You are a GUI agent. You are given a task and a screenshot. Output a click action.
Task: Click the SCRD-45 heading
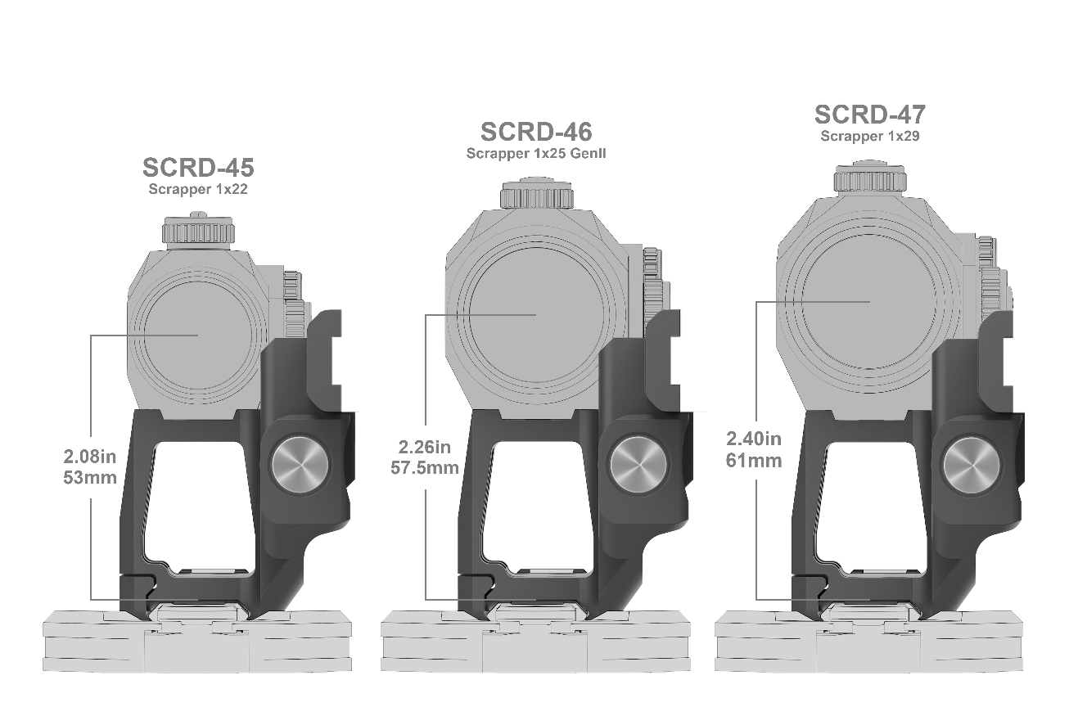click(197, 168)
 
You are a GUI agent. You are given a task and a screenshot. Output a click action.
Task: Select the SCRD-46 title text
click(536, 132)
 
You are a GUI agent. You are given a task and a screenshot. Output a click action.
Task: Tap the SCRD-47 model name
click(869, 115)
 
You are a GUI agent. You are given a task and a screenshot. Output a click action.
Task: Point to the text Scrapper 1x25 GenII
click(536, 153)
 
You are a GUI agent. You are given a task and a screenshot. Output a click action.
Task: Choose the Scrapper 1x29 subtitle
click(869, 137)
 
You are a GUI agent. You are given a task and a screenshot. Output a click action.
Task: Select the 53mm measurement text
click(90, 477)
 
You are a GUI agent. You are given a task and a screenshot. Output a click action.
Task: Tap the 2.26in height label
click(425, 448)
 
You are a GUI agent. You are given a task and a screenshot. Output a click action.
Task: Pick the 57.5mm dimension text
click(425, 468)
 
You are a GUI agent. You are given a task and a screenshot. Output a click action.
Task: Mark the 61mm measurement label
click(753, 461)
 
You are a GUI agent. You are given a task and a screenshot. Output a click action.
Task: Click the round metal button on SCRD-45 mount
click(300, 465)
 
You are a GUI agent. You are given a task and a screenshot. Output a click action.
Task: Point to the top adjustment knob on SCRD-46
click(536, 194)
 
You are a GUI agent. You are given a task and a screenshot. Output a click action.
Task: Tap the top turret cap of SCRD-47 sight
click(869, 178)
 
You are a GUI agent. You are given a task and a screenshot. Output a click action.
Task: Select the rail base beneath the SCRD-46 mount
click(536, 642)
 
